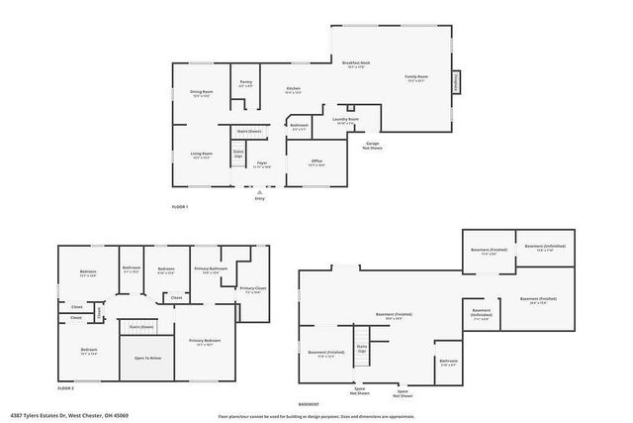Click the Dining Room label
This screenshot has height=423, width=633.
click(x=202, y=93)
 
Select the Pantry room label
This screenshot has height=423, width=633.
click(x=245, y=84)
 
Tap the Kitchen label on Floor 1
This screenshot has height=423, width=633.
click(x=293, y=90)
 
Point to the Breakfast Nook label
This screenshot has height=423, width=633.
click(x=356, y=64)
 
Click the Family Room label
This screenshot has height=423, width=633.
click(x=416, y=77)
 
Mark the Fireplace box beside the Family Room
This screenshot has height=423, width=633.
click(x=457, y=82)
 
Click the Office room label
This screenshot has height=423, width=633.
click(x=316, y=161)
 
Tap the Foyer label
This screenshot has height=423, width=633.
click(x=262, y=163)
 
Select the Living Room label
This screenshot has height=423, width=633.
click(x=202, y=154)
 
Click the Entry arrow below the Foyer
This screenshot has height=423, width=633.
click(x=260, y=194)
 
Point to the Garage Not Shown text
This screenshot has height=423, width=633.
click(x=373, y=145)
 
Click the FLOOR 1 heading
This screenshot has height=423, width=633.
click(x=180, y=206)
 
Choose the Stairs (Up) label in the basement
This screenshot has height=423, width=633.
click(x=362, y=349)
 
